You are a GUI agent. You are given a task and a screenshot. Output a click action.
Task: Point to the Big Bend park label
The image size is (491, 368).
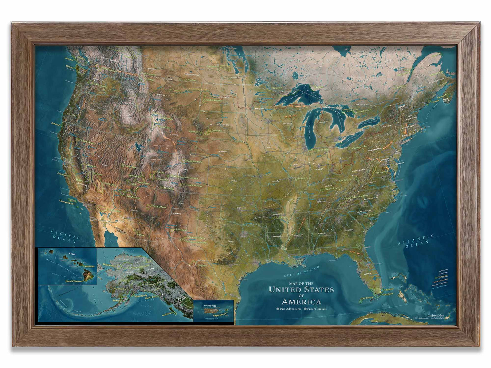[203, 266]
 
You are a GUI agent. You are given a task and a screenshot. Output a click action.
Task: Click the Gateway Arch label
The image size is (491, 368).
[301, 178]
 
